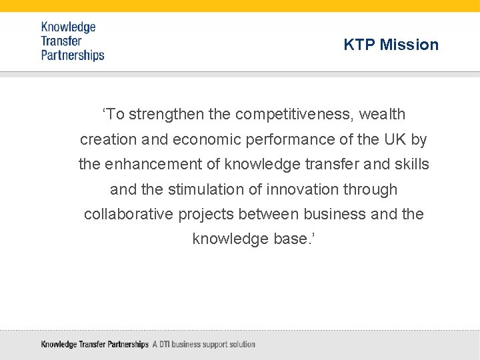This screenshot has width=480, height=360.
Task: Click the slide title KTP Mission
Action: point(391,45)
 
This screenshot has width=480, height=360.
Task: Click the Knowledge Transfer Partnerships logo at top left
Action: point(73,41)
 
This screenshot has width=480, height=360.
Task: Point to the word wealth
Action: point(382,114)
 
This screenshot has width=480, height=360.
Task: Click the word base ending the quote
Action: point(289,239)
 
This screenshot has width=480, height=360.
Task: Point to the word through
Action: point(370,189)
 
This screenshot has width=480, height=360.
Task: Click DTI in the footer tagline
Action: point(166,345)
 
